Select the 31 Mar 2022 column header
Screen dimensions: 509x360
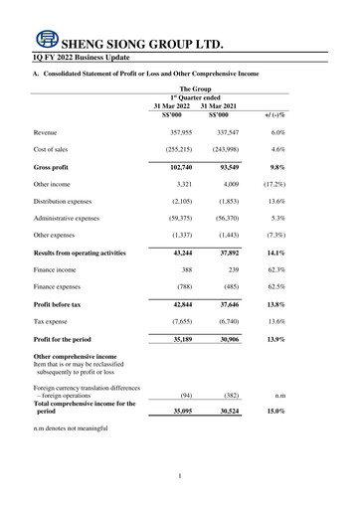tap(177, 105)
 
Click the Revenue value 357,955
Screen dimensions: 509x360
tap(179, 132)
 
